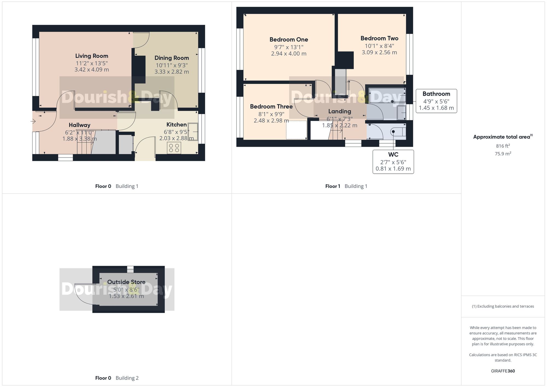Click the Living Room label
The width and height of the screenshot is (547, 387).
pyautogui.click(x=92, y=56)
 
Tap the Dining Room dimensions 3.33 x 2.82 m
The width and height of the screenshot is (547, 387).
pyautogui.click(x=171, y=72)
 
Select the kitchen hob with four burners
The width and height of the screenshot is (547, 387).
pyautogui.click(x=174, y=148)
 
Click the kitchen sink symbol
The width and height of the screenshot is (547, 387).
pyautogui.click(x=193, y=132)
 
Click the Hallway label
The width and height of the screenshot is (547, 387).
pyautogui.click(x=79, y=125)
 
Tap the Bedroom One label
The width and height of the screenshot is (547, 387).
pyautogui.click(x=289, y=40)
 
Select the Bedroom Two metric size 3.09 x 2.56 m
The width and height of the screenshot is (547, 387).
pyautogui.click(x=379, y=53)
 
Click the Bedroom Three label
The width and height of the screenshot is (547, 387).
pyautogui.click(x=271, y=107)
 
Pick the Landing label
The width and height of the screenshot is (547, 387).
pyautogui.click(x=339, y=111)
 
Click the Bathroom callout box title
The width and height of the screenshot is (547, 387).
pyautogui.click(x=436, y=94)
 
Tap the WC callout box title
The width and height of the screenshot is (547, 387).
pyautogui.click(x=393, y=155)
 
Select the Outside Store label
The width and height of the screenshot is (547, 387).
pyautogui.click(x=126, y=282)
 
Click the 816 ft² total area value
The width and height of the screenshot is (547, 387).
pyautogui.click(x=503, y=146)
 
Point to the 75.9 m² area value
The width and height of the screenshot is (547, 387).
pyautogui.click(x=503, y=154)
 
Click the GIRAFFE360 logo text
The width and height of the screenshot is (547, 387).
pyautogui.click(x=503, y=371)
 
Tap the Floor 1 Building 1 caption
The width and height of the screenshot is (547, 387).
pyautogui.click(x=346, y=186)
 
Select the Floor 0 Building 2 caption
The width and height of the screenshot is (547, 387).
pyautogui.click(x=117, y=378)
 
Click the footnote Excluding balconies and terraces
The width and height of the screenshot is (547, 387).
pyautogui.click(x=503, y=306)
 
